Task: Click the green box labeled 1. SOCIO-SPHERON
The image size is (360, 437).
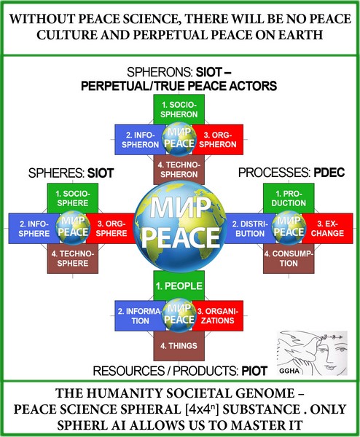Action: tap(179, 109)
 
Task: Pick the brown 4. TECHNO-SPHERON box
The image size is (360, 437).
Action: tap(179, 170)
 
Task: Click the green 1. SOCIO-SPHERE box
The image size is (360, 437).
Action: tap(73, 198)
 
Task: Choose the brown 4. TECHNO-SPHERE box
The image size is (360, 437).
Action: tap(73, 259)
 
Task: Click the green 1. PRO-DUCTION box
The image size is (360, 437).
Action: tap(289, 198)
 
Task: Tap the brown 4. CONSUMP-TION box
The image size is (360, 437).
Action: tap(289, 259)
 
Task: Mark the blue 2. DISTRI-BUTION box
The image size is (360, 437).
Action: tap(249, 229)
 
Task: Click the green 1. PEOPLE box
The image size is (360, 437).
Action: tap(179, 286)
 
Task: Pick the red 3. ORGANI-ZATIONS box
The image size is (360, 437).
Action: tap(218, 316)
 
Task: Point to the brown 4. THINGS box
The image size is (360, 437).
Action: tap(179, 346)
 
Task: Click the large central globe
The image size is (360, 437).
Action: tap(180, 227)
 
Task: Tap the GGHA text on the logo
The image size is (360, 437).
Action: tap(289, 371)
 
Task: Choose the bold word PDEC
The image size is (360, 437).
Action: tap(329, 173)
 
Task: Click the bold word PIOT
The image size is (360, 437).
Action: tap(254, 371)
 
